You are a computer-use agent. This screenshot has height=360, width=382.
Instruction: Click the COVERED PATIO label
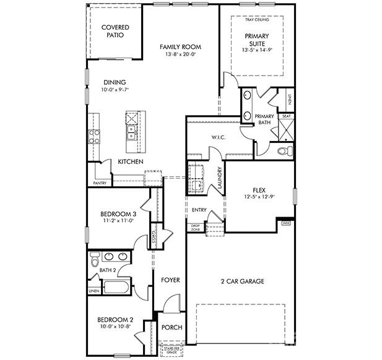(115, 32)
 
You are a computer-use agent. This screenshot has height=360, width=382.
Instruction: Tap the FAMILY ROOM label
(180, 47)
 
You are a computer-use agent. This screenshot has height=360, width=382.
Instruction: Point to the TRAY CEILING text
(258, 20)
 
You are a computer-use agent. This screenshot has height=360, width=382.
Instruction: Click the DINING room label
(115, 82)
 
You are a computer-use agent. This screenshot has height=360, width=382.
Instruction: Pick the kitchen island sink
(131, 132)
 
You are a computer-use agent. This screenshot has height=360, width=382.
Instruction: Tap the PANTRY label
(99, 183)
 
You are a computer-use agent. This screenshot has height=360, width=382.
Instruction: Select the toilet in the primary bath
(284, 151)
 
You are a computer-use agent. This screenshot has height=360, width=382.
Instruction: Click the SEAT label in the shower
(286, 116)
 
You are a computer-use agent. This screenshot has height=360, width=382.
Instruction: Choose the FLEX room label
(259, 191)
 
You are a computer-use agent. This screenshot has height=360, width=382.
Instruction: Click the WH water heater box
(285, 223)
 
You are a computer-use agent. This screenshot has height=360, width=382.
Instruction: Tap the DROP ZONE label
(196, 228)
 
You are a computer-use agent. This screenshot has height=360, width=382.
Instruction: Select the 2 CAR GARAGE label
(242, 281)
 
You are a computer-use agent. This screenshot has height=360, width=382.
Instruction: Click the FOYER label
(170, 280)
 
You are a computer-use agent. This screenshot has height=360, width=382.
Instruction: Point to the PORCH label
(171, 328)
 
